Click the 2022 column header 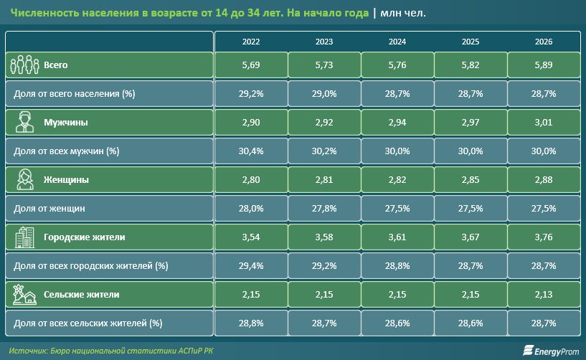251,42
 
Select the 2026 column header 544,42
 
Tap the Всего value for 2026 544,65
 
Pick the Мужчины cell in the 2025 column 470,122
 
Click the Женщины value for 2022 251,180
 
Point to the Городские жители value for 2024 397,237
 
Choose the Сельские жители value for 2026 544,295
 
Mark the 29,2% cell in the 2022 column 251,93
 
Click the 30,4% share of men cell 251,151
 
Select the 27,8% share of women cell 324,208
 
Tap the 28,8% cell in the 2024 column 397,266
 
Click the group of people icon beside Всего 24,65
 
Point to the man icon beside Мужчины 24,122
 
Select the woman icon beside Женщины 25,179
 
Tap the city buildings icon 24,237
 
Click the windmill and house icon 24,295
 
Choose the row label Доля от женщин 49,209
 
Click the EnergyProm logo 551,351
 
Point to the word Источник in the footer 28,351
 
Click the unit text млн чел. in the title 403,13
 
